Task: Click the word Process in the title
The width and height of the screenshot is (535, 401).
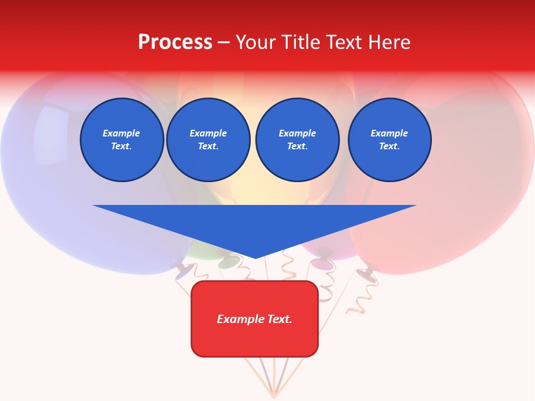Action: click(175, 42)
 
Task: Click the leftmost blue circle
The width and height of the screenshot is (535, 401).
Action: click(122, 140)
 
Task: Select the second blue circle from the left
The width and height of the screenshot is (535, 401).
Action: click(208, 140)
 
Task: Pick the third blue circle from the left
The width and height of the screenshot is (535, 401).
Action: click(297, 140)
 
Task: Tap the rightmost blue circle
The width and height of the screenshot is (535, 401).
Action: click(390, 140)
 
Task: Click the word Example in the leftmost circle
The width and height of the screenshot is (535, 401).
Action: click(121, 133)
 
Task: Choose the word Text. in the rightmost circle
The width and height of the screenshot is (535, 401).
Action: click(389, 146)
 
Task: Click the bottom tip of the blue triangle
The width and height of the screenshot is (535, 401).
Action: click(255, 257)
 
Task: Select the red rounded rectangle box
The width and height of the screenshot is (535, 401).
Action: click(255, 319)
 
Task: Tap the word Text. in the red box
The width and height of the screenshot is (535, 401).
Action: click(280, 319)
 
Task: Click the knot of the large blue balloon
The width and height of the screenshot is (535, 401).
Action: click(183, 271)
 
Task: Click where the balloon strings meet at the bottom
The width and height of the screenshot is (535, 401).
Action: click(274, 396)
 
